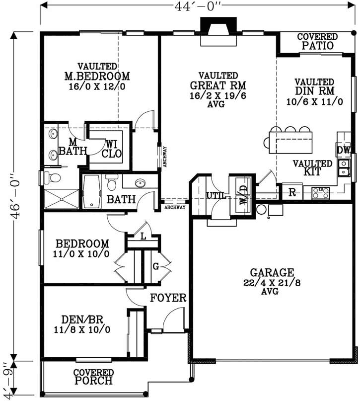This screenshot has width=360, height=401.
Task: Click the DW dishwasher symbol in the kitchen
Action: coord(344,150)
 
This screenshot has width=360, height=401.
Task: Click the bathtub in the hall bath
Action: coord(91,191)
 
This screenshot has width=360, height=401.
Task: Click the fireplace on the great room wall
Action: coord(216,30)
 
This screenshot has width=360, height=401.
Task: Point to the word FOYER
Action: coord(168,298)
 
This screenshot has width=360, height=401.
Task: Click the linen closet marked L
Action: coord(143,237)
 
